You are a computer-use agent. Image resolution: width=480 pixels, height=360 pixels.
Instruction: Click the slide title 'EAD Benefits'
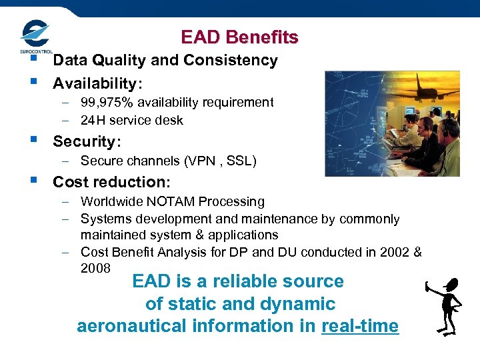pos(239,37)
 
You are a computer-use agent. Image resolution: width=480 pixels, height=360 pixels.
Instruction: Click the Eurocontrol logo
pos(35,37)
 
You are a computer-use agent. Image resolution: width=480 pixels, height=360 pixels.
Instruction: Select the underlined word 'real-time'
pos(359,326)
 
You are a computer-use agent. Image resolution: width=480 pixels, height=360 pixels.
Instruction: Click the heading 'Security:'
pos(84,141)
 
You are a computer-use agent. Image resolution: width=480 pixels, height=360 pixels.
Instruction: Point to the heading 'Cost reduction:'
pos(111,182)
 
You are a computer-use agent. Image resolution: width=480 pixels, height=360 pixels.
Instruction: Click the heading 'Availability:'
pos(97,83)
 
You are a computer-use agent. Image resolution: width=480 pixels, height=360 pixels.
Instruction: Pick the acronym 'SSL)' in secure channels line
pos(243,161)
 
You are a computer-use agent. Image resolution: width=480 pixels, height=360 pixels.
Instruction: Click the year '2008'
pos(95,267)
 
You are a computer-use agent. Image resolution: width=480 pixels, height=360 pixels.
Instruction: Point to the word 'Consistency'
pos(235,61)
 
